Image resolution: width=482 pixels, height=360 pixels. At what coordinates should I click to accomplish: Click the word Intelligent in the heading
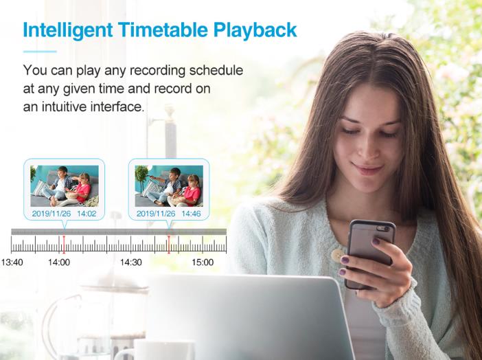tap(68, 30)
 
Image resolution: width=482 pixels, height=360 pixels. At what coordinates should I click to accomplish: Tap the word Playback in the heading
tap(255, 30)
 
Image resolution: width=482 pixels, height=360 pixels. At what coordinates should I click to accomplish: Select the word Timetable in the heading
tap(163, 30)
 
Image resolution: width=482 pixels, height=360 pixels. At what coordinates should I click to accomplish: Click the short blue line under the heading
tap(40, 52)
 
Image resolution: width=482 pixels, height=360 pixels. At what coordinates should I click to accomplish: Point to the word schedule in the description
tap(216, 70)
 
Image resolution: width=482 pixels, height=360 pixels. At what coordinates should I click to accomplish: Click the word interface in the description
tap(117, 106)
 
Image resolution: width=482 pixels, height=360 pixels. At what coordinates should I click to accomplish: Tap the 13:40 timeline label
tap(12, 262)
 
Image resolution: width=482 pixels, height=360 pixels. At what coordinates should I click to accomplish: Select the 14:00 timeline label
tap(59, 262)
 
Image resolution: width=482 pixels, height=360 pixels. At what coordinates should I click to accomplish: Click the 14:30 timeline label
tap(131, 262)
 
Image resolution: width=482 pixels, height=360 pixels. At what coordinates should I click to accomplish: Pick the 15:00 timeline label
tap(203, 262)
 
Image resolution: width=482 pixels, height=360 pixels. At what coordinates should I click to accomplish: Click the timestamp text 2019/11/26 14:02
tap(65, 213)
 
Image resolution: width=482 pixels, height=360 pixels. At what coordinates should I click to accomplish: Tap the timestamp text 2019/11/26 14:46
tap(169, 213)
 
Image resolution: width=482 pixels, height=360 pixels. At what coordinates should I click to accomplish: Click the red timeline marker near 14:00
tap(64, 245)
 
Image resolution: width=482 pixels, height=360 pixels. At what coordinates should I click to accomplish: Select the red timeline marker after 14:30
tap(169, 245)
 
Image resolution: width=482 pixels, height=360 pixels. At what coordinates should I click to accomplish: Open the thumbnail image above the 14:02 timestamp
tap(65, 186)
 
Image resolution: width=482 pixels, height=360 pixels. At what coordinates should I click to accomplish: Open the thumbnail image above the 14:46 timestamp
tap(169, 186)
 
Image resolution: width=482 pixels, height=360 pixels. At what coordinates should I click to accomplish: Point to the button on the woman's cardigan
tap(338, 256)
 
